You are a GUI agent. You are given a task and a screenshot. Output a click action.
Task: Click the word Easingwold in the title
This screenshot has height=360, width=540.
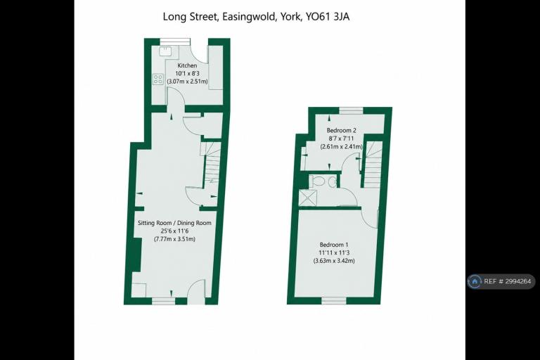tap(249, 17)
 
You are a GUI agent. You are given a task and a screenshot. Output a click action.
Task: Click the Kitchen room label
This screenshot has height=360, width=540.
tap(187, 65)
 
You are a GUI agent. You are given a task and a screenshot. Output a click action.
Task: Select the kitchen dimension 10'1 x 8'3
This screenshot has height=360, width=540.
tap(187, 73)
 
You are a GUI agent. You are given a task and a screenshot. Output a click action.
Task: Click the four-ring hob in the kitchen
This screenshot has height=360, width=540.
tap(158, 79)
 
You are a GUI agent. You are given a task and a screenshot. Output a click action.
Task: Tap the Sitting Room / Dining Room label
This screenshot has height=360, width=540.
tap(174, 223)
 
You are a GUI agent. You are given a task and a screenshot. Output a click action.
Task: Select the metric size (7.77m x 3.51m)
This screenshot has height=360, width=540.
tap(174, 239)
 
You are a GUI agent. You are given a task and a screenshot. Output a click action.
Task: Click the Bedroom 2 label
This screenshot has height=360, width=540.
tap(341, 130)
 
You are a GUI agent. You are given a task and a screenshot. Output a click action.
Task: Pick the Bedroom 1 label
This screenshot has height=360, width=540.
tap(334, 245)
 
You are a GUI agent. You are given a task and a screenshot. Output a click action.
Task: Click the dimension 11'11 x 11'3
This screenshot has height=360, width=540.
tap(334, 252)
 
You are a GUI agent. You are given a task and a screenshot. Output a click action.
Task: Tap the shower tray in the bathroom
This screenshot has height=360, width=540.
tap(307, 198)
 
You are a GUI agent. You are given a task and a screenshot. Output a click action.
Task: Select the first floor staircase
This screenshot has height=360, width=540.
tap(373, 164)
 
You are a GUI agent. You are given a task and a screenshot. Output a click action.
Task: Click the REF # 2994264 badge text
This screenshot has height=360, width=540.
tap(507, 281)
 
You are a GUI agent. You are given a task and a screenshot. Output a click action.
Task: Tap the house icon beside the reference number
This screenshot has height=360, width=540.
tap(475, 281)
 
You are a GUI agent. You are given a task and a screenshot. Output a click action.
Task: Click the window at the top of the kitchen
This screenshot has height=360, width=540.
tap(175, 41)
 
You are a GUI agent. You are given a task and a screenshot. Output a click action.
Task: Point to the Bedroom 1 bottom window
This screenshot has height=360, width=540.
tap(334, 301)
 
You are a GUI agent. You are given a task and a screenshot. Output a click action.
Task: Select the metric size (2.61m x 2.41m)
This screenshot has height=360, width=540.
tap(341, 146)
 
